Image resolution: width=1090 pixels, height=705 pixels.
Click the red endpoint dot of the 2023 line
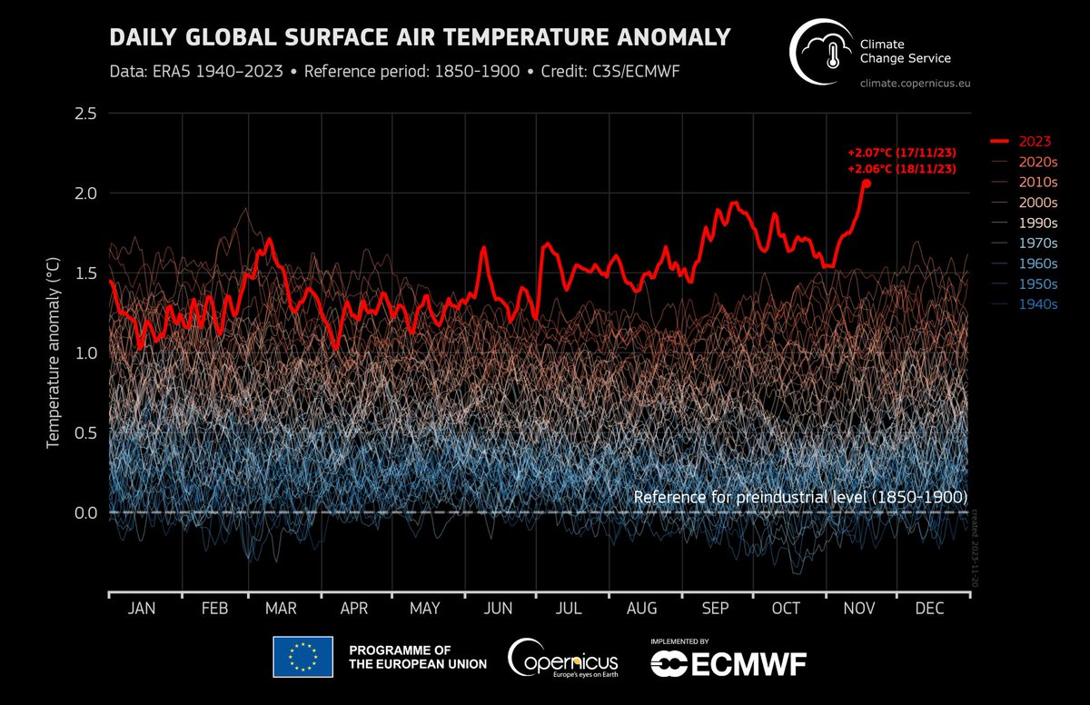click(866, 184)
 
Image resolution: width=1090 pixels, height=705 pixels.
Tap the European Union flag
click(303, 657)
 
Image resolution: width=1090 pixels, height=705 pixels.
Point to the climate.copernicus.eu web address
click(919, 84)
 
